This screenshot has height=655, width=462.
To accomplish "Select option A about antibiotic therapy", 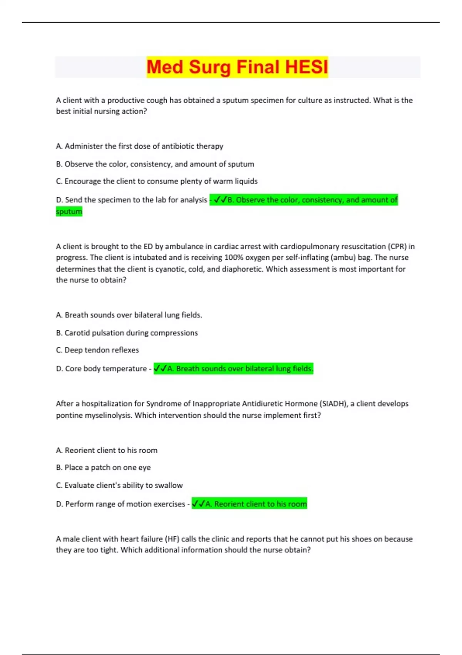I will point(139,146).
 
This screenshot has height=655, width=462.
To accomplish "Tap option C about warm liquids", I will point(157,181).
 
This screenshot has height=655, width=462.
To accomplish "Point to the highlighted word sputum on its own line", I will point(69,211).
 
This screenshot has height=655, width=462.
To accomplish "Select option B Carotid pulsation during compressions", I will point(127,333).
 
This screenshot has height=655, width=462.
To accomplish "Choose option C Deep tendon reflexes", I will point(97,350).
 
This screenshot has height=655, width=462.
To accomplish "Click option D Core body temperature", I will point(101,368).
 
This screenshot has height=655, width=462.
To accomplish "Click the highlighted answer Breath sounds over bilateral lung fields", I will point(233,368).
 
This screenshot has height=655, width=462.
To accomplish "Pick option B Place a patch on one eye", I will point(103,467).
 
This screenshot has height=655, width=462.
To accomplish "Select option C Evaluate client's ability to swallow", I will point(119,485).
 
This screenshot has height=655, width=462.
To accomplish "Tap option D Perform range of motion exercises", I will point(121,504).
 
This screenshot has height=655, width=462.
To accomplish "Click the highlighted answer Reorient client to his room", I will point(249,504).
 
